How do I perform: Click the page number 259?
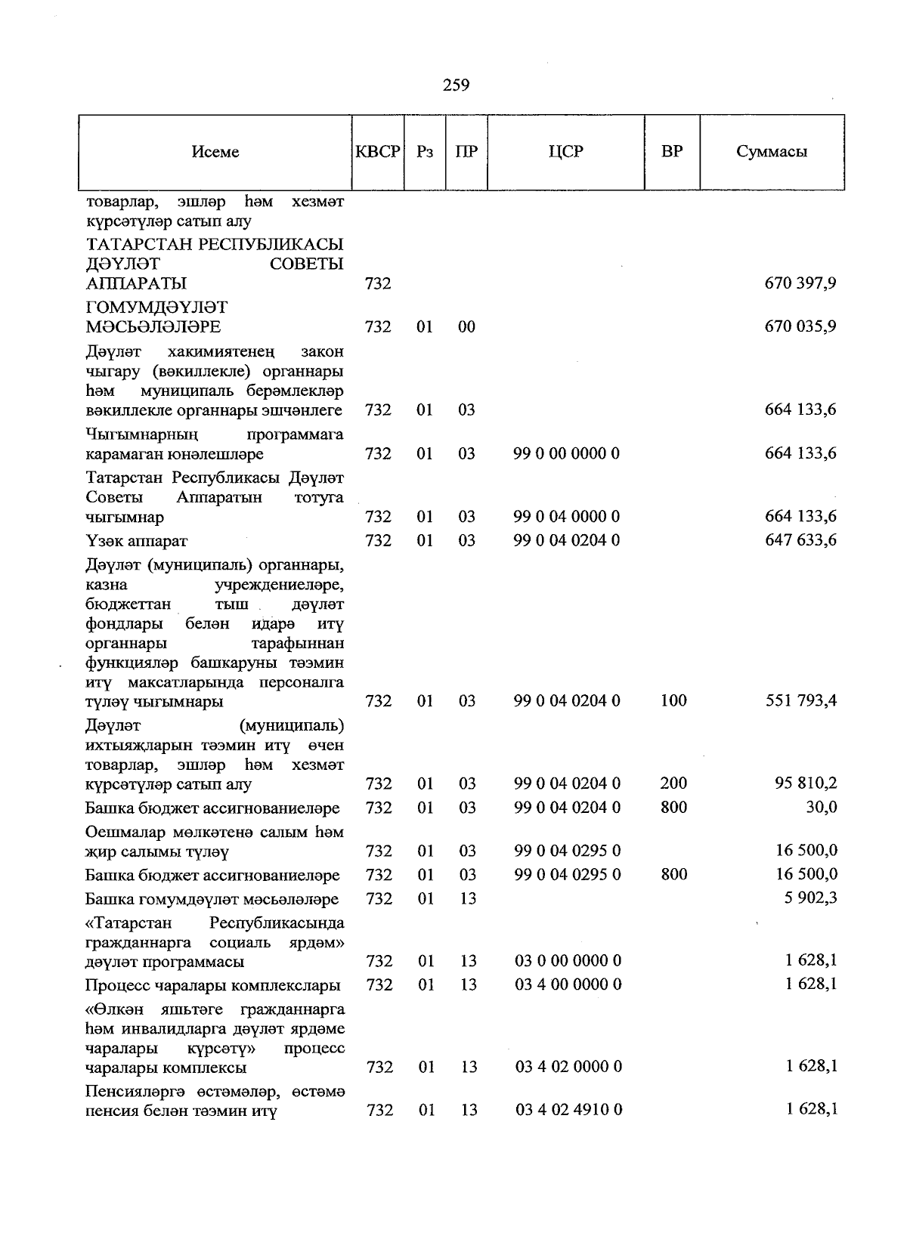[456, 85]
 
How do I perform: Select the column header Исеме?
[215, 152]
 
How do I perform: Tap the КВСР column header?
[378, 152]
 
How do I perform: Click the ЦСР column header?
[566, 151]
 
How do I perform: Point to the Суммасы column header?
[772, 152]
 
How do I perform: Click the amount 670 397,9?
[800, 284]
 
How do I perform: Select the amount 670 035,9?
[800, 327]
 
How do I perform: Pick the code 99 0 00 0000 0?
[567, 454]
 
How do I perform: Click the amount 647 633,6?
[800, 541]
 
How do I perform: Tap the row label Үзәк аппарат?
[137, 542]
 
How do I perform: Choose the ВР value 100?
[673, 701]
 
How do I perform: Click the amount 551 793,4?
[800, 701]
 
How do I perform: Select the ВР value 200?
[673, 783]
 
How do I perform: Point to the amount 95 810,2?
[806, 783]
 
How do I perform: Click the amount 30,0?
[821, 808]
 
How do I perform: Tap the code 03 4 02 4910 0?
[569, 1111]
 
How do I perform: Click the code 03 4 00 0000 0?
[569, 985]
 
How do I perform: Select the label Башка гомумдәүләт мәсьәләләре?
[212, 900]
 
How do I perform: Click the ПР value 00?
[467, 327]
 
